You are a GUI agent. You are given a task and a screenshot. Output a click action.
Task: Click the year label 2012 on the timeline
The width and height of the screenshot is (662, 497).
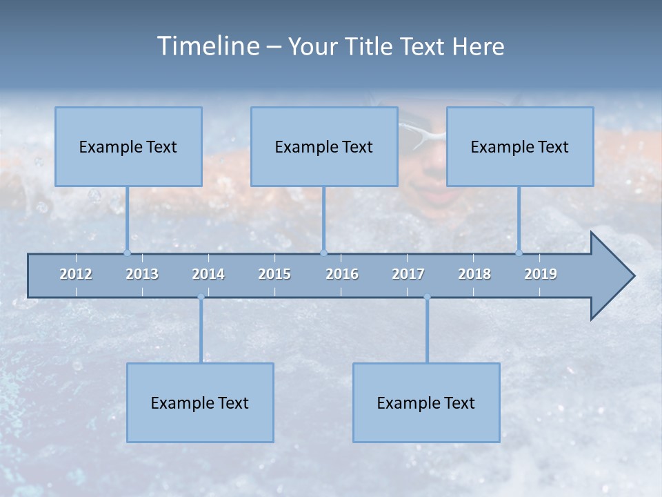click(76, 274)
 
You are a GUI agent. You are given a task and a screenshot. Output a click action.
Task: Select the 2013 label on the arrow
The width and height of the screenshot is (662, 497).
click(142, 274)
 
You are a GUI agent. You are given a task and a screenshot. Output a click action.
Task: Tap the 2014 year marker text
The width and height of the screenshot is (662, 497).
click(208, 274)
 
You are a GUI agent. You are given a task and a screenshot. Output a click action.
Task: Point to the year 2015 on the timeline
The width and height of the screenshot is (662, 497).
click(274, 274)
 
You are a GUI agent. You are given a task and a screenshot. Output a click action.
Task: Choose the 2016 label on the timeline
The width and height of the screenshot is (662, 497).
click(342, 274)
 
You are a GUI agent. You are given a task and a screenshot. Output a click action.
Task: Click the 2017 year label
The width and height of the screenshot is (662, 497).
click(408, 274)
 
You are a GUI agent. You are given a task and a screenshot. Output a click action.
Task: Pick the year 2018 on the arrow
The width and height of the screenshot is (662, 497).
click(474, 274)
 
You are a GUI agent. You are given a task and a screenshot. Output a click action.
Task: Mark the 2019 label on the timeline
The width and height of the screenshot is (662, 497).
click(541, 274)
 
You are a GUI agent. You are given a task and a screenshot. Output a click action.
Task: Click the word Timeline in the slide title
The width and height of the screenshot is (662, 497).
click(207, 46)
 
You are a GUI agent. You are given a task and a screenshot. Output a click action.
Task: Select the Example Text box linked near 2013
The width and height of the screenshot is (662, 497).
click(128, 146)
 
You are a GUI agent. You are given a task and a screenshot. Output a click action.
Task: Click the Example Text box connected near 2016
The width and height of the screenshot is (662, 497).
click(324, 146)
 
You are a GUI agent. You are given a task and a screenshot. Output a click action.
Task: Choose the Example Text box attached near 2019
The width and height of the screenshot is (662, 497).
click(520, 146)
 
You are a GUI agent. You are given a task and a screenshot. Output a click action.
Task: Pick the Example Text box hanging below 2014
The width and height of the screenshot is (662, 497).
click(200, 402)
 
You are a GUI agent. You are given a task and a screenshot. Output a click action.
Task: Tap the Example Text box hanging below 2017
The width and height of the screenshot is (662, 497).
click(426, 402)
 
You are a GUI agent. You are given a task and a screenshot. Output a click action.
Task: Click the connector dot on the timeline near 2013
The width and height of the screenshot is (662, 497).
click(127, 253)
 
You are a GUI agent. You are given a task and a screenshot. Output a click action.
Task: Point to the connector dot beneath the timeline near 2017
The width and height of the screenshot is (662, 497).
click(427, 298)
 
